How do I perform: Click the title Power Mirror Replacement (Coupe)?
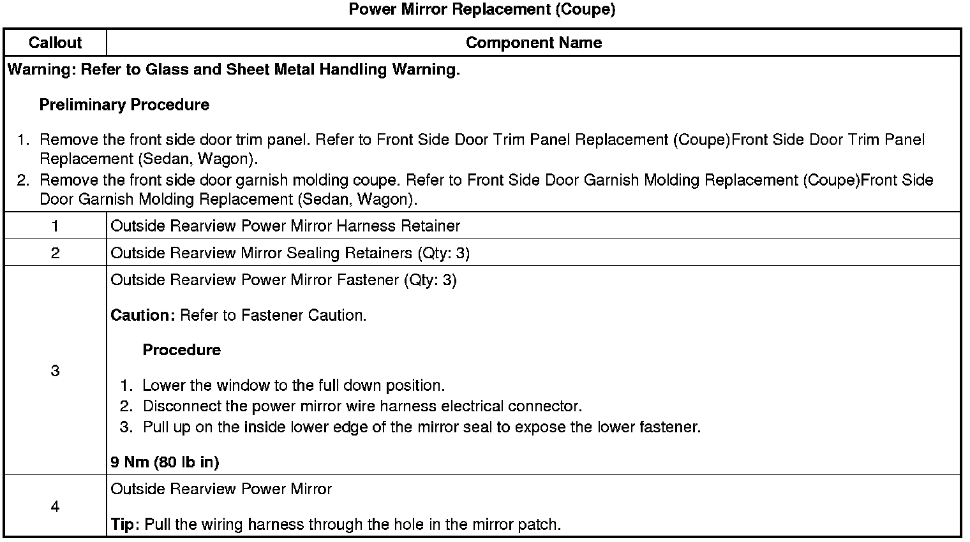click(x=482, y=10)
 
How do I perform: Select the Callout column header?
click(x=55, y=43)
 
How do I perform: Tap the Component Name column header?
click(x=533, y=43)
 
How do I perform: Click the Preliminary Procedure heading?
click(x=124, y=105)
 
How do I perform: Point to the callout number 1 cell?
click(x=55, y=226)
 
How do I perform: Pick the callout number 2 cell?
click(x=55, y=253)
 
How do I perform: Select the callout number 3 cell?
click(x=55, y=370)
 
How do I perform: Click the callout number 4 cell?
click(x=55, y=507)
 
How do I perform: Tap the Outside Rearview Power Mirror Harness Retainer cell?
click(x=285, y=226)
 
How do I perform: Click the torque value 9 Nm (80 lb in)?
click(x=165, y=462)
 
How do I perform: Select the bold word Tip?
click(x=124, y=525)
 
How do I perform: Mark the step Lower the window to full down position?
click(x=293, y=386)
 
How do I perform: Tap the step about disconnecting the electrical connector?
click(x=362, y=406)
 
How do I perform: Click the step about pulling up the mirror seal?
click(x=421, y=427)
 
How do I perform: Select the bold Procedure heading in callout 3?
click(x=181, y=350)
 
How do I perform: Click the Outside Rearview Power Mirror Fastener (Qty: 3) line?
click(x=283, y=280)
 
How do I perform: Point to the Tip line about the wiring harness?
click(x=336, y=525)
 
